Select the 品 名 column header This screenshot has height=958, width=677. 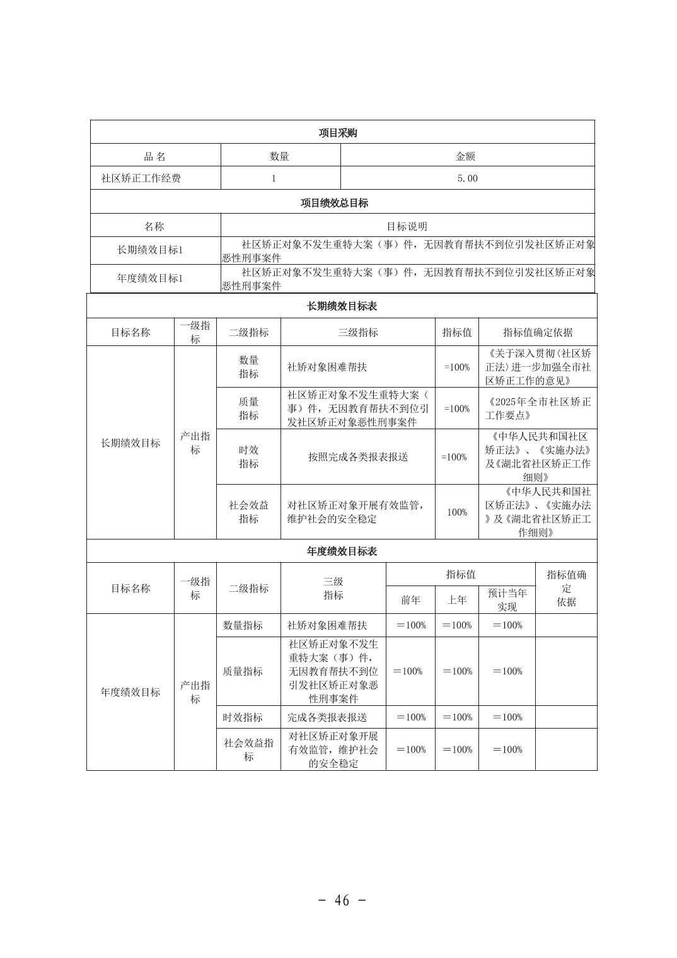tap(155, 156)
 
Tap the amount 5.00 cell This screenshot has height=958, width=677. tap(467, 178)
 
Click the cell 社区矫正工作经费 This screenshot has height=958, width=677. tap(141, 178)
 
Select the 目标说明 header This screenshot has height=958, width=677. tap(407, 226)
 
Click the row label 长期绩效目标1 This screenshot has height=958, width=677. tap(150, 250)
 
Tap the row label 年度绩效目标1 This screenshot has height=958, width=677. tap(150, 278)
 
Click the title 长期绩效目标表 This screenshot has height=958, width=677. tap(342, 306)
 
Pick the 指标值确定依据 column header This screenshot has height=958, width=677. tap(538, 332)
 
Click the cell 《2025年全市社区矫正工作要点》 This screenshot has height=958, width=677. tap(538, 408)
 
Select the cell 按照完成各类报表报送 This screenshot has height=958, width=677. tap(357, 457)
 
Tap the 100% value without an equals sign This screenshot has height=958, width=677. tap(457, 512)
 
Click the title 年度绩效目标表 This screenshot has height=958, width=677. tap(342, 551)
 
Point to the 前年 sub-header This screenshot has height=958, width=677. tap(410, 600)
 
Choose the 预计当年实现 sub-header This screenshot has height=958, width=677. tap(507, 600)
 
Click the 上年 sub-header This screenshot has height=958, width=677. tap(457, 600)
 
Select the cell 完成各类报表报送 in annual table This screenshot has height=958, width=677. tap(327, 717)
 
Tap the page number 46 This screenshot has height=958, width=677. tap(342, 900)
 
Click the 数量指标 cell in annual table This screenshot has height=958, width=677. tap(243, 625)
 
